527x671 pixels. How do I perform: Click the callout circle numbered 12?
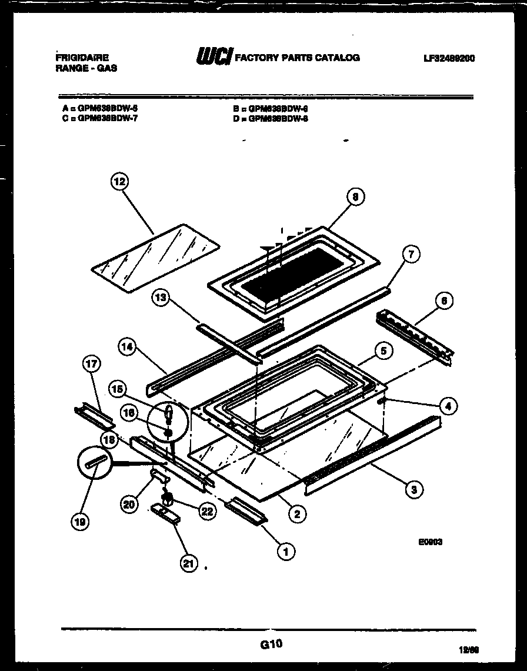pyautogui.click(x=119, y=182)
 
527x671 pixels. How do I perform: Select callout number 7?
pyautogui.click(x=411, y=255)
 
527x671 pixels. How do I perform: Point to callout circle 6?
pyautogui.click(x=444, y=301)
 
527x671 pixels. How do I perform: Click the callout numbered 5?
pyautogui.click(x=383, y=351)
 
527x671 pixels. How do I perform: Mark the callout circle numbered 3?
pyautogui.click(x=415, y=489)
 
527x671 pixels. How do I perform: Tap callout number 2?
pyautogui.click(x=298, y=514)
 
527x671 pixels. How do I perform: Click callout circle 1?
pyautogui.click(x=286, y=551)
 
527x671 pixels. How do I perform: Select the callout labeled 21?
pyautogui.click(x=188, y=563)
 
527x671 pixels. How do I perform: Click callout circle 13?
pyautogui.click(x=160, y=299)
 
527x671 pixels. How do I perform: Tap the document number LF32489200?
pyautogui.click(x=448, y=58)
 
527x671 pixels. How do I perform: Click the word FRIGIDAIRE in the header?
pyautogui.click(x=81, y=58)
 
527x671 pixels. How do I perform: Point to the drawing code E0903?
pyautogui.click(x=431, y=542)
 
